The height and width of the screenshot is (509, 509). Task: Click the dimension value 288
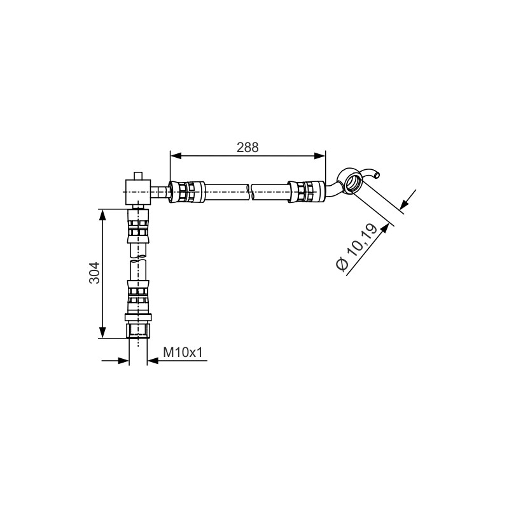[248, 148]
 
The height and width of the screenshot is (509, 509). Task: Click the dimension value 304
[94, 273]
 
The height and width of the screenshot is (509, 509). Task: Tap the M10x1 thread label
[183, 352]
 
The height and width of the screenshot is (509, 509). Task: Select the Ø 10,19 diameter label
[356, 247]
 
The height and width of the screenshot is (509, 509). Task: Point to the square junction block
[138, 192]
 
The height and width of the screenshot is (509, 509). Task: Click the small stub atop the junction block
[138, 176]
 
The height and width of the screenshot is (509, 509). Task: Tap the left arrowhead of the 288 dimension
[176, 156]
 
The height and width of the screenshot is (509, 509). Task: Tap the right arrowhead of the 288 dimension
[319, 156]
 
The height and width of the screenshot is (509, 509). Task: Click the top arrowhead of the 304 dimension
[102, 215]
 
